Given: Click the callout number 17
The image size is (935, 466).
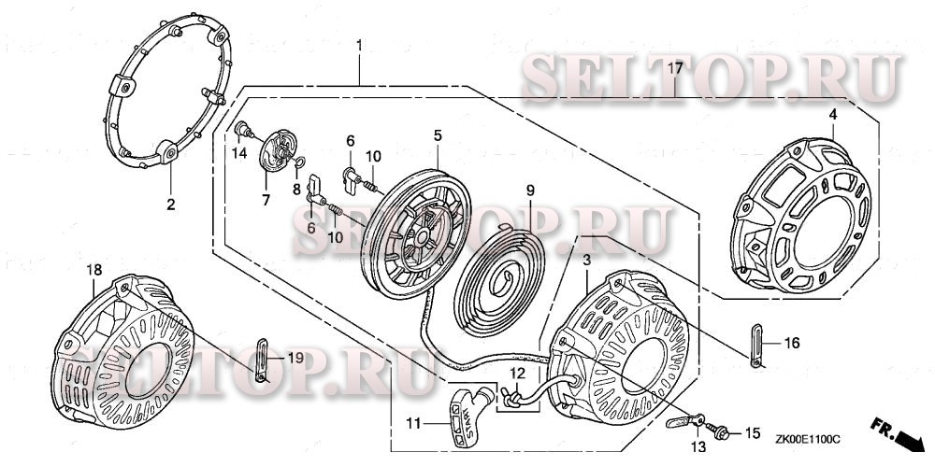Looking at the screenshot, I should pyautogui.click(x=673, y=68).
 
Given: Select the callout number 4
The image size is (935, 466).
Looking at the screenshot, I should pyautogui.click(x=831, y=115).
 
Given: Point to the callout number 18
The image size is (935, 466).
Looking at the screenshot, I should pyautogui.click(x=94, y=270).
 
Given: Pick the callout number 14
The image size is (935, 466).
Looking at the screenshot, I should pyautogui.click(x=239, y=153).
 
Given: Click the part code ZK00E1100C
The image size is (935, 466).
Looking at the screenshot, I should pyautogui.click(x=807, y=435).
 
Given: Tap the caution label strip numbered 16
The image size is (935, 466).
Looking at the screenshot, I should pyautogui.click(x=756, y=344).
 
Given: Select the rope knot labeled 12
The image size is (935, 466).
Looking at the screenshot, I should pyautogui.click(x=511, y=398).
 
